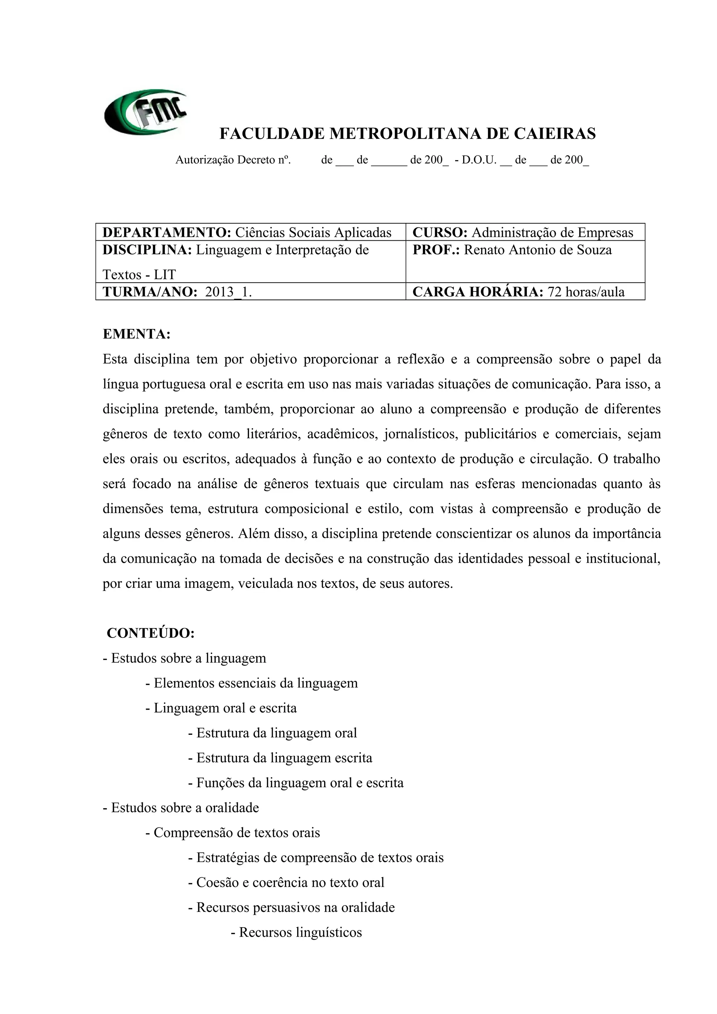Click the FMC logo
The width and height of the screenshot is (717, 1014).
pos(145,112)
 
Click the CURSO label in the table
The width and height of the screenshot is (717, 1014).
pos(440,232)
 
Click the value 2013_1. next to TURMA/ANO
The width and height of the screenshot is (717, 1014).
pos(228,292)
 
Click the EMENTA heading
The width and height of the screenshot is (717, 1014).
pos(137,334)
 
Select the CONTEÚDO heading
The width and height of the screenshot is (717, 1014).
pos(151,633)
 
